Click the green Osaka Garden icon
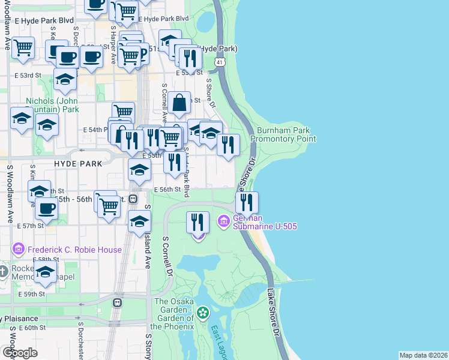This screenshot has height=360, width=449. click(203, 313)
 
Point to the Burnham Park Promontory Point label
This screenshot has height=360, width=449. click(283, 134)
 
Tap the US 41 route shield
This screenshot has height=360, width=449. click(221, 62)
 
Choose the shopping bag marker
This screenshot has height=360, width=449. click(179, 103)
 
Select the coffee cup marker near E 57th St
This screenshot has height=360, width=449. click(46, 209)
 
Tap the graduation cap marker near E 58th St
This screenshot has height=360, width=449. click(45, 272)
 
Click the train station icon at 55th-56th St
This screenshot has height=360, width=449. click(134, 199)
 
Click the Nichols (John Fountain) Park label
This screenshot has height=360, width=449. click(53, 106)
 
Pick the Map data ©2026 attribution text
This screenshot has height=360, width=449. click(423, 355)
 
